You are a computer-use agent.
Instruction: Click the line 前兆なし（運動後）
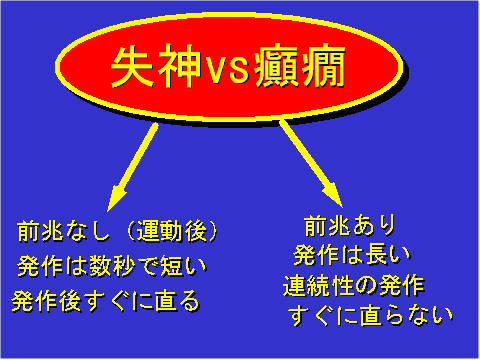119,233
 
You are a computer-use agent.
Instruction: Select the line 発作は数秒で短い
109,267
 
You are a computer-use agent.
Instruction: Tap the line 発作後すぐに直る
106,300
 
